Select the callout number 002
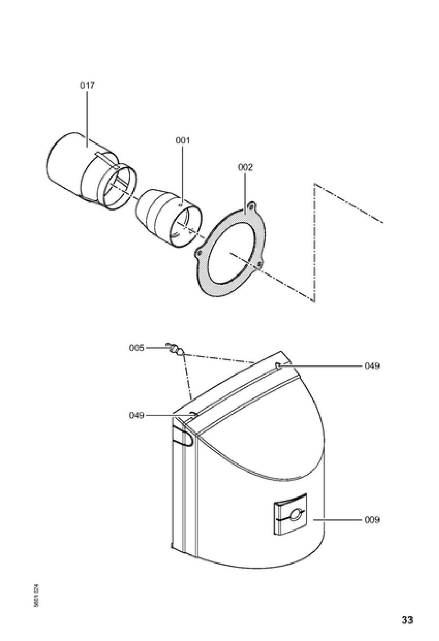[x=245, y=167]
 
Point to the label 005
[x=137, y=348]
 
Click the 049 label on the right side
[x=372, y=366]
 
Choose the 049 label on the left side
[x=137, y=415]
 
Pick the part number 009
[x=372, y=520]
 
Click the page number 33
[x=407, y=620]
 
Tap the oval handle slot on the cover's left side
[x=183, y=436]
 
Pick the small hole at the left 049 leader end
[x=194, y=414]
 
